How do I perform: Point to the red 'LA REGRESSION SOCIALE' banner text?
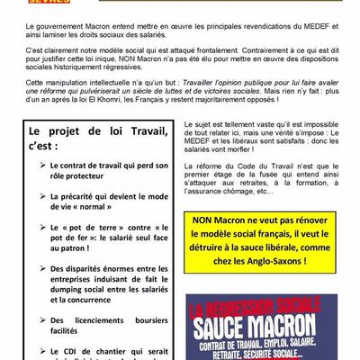pyautogui.click(x=264, y=304)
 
